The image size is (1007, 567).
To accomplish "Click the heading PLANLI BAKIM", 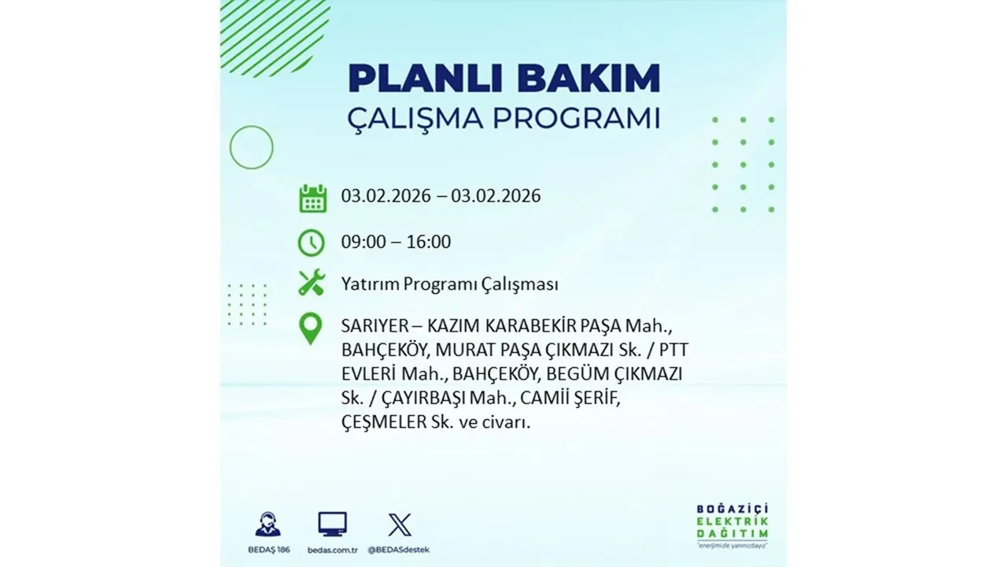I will coord(503,79).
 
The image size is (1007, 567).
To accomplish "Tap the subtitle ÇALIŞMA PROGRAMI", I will coord(503,119).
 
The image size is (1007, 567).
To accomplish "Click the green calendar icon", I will coord(312,198).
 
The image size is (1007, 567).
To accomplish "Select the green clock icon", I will coord(312,242).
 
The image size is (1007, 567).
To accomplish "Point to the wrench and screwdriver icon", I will coord(312,282).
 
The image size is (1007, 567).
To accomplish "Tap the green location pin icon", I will coord(312,328).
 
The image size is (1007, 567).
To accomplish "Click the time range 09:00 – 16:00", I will coord(396,242).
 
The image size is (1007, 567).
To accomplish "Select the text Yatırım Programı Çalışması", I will coord(449,283).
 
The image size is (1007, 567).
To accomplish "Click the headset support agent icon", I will coord(267,524).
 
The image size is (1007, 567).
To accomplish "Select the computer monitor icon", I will coord(332,524).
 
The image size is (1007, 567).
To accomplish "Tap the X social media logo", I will coord(400,524).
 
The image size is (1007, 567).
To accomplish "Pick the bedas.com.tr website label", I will coord(333,549).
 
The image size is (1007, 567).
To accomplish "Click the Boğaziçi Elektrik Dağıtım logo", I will coord(732,523).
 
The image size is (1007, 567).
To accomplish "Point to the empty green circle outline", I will coord(252,147).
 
